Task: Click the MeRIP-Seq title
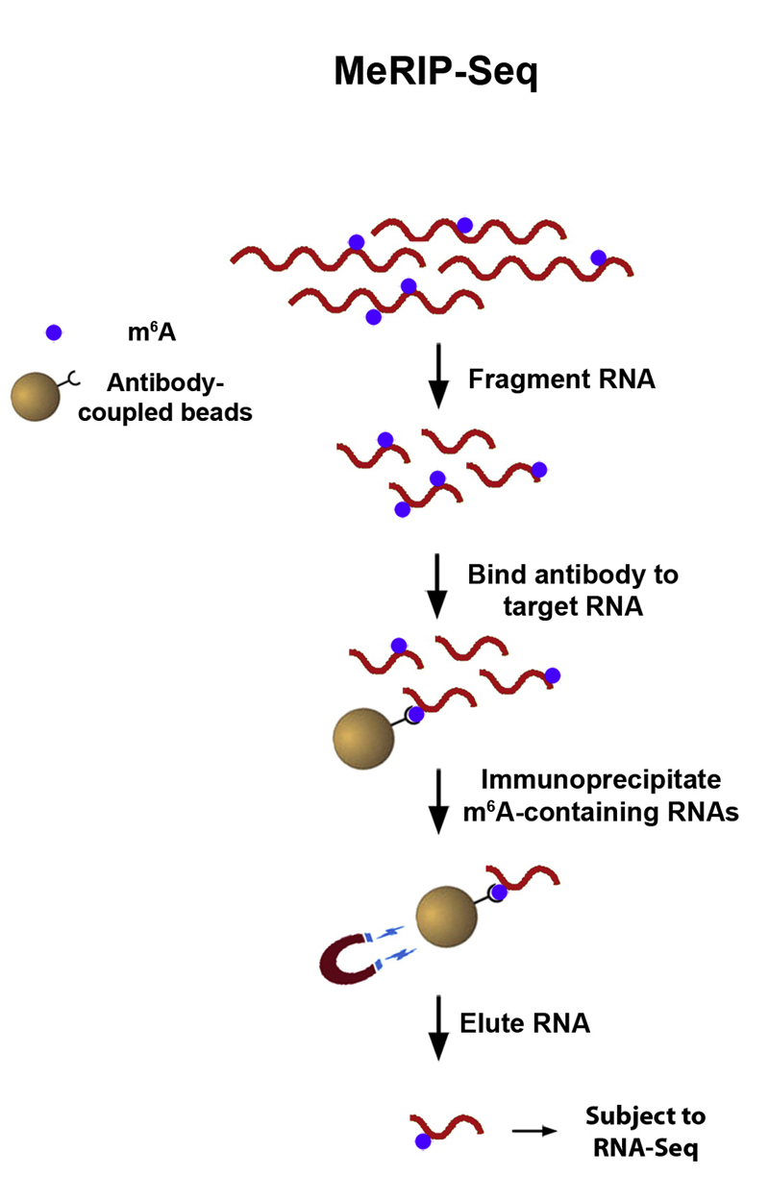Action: [435, 71]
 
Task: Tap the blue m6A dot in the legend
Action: [54, 332]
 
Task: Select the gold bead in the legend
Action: [35, 398]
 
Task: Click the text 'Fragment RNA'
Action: [561, 378]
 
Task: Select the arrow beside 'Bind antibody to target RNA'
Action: [438, 585]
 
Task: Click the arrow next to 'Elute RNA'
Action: [438, 1027]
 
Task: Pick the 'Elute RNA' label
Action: [529, 1022]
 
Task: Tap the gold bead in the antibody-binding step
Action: [363, 738]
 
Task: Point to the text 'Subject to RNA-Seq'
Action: [645, 1131]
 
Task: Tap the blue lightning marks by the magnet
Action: [395, 945]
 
